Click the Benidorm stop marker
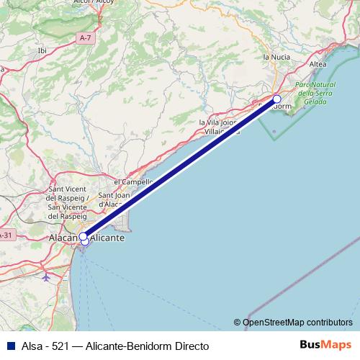point(278,99)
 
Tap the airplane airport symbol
point(47,276)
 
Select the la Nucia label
point(276,56)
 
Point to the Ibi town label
point(42,50)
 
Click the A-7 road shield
point(86,37)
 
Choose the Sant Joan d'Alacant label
point(114,199)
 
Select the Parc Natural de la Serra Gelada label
point(315,94)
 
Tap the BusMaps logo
point(325,346)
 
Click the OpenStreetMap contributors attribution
point(297,322)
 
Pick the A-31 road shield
point(6,235)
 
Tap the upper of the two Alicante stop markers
point(83,236)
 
